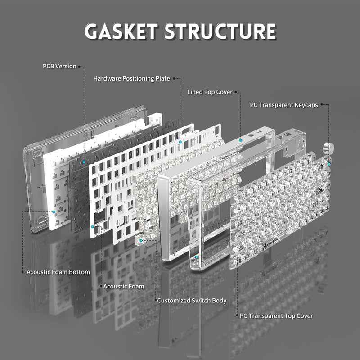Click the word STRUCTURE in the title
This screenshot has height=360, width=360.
click(220, 31)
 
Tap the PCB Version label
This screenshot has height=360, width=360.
click(59, 66)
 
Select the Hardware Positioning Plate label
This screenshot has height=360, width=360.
click(131, 78)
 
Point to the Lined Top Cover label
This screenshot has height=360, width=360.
click(210, 92)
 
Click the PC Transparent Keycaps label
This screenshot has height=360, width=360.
click(284, 105)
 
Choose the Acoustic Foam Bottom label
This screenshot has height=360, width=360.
click(58, 272)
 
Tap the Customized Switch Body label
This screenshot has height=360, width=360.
click(192, 300)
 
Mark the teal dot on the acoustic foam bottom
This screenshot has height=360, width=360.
click(54, 211)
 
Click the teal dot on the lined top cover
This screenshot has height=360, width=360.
click(241, 140)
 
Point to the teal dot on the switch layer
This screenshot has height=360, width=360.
click(141, 240)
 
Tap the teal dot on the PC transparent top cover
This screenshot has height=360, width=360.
click(197, 256)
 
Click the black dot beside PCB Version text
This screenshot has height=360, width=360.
click(80, 67)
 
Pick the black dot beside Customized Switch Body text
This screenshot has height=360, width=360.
click(154, 300)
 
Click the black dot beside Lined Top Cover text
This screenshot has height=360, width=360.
click(235, 92)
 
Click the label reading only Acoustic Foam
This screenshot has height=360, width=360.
click(124, 286)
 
